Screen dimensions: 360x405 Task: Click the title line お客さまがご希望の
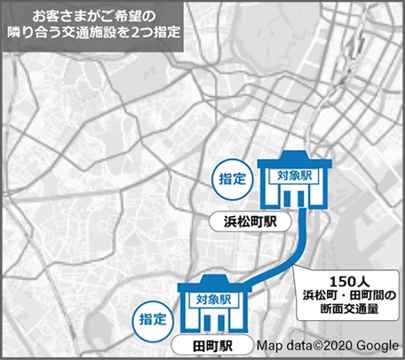click(x=93, y=16)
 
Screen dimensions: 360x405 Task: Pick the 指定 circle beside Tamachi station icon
click(x=150, y=316)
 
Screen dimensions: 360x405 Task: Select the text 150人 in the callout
click(x=345, y=276)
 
